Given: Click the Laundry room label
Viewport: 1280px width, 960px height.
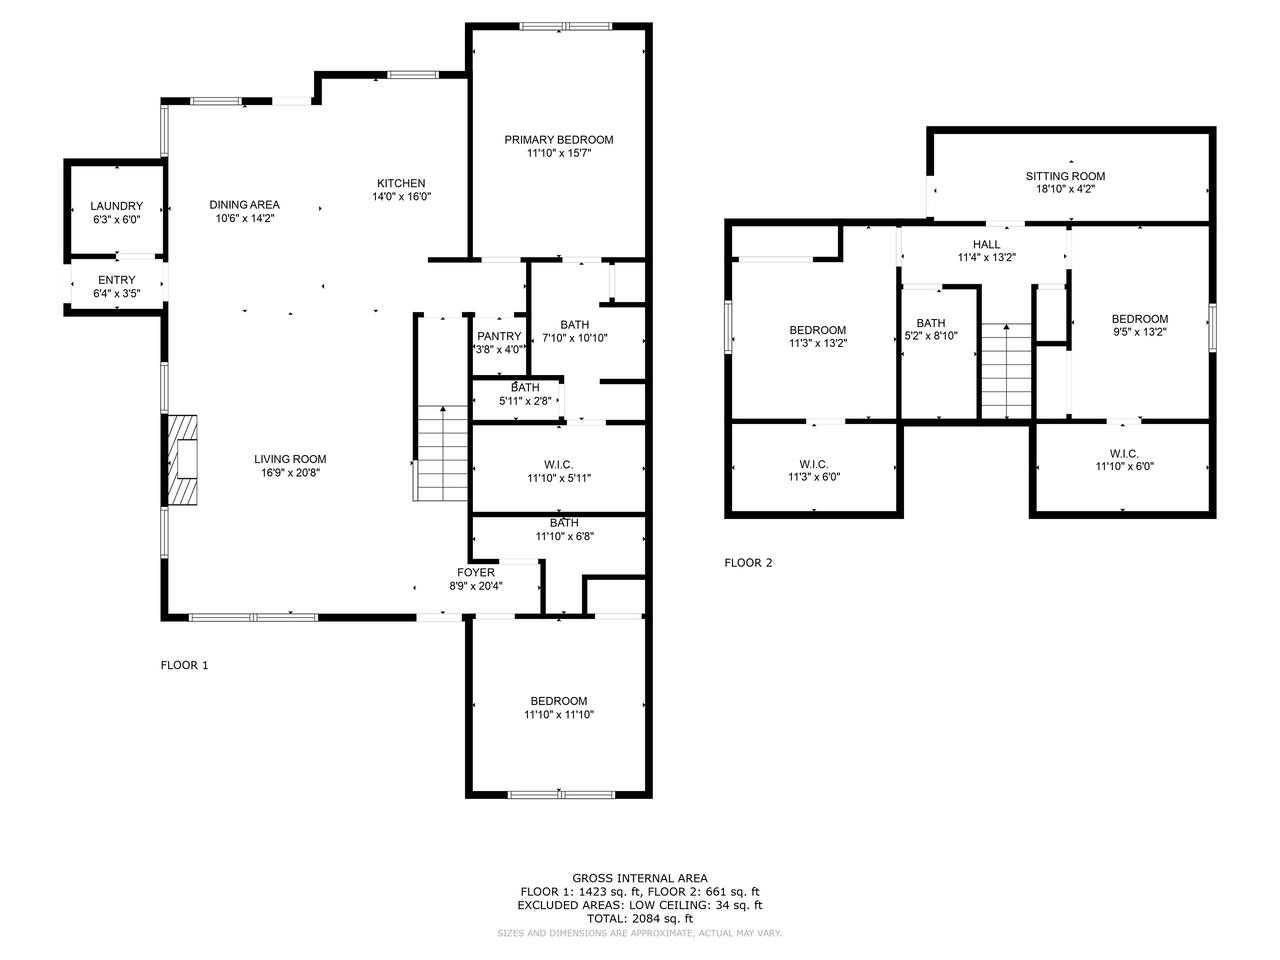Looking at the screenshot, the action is point(116,206).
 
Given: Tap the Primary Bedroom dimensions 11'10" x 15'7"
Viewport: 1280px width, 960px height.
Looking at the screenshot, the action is point(559,153).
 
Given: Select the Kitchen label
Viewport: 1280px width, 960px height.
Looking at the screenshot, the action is point(401,183).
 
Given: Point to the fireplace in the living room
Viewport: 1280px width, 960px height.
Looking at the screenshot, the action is point(183,459).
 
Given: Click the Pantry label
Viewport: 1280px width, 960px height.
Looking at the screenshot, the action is point(499,336).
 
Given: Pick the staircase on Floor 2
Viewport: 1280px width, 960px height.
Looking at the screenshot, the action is point(1007,371).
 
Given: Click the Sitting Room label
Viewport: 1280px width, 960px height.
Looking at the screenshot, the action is point(1065,176).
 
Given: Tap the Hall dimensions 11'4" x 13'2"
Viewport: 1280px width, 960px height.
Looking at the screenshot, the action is point(987,257).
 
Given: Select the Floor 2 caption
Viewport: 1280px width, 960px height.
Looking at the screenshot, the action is point(748,562).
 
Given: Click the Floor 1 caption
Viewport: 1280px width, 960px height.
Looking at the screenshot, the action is point(184,665).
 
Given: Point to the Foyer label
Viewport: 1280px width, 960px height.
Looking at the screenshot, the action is point(476,572).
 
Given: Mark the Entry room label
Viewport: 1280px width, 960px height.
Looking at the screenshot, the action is point(117,280).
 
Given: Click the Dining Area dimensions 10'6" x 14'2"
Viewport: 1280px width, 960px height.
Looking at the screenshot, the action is point(244,218).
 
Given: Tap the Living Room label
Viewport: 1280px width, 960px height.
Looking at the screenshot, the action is point(290,459).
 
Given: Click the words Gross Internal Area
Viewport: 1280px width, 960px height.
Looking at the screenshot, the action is point(640,878).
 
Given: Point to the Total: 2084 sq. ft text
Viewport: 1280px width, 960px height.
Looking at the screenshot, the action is point(640,919).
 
